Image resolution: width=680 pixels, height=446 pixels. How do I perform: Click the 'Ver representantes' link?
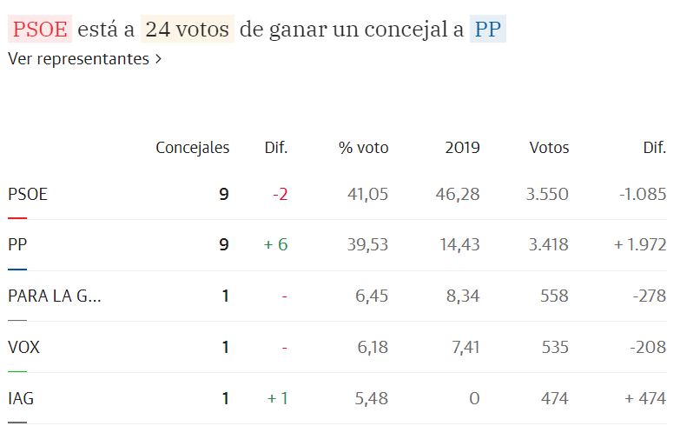(x=84, y=59)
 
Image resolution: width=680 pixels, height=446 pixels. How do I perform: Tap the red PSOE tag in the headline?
(x=40, y=30)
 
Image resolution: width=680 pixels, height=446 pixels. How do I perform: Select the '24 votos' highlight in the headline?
(x=188, y=30)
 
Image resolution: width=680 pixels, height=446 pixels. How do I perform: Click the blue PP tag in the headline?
(x=487, y=30)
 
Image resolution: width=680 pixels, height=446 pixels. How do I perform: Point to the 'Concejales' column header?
(x=192, y=148)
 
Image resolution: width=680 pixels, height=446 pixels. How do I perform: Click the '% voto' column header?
(x=363, y=148)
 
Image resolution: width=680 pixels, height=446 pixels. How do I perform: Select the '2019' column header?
(x=462, y=148)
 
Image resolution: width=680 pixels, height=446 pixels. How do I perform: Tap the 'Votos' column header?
(x=549, y=148)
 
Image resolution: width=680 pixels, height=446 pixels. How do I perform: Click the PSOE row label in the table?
(x=28, y=194)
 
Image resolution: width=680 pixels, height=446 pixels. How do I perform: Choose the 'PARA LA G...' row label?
(x=54, y=296)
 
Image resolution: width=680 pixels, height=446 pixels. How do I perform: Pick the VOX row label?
(x=23, y=348)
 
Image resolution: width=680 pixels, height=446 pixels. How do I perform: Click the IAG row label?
(x=21, y=399)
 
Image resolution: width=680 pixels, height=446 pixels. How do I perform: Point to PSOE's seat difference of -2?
(x=280, y=194)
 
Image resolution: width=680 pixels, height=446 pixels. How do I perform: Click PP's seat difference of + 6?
(x=275, y=245)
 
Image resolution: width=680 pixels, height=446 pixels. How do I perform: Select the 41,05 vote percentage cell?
(x=367, y=194)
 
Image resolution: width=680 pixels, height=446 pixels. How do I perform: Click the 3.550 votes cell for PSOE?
(x=547, y=194)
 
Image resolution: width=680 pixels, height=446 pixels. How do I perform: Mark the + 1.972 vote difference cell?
(x=639, y=245)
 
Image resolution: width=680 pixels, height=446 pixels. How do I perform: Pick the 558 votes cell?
(x=553, y=296)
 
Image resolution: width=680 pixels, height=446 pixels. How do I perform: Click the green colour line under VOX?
(x=17, y=371)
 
